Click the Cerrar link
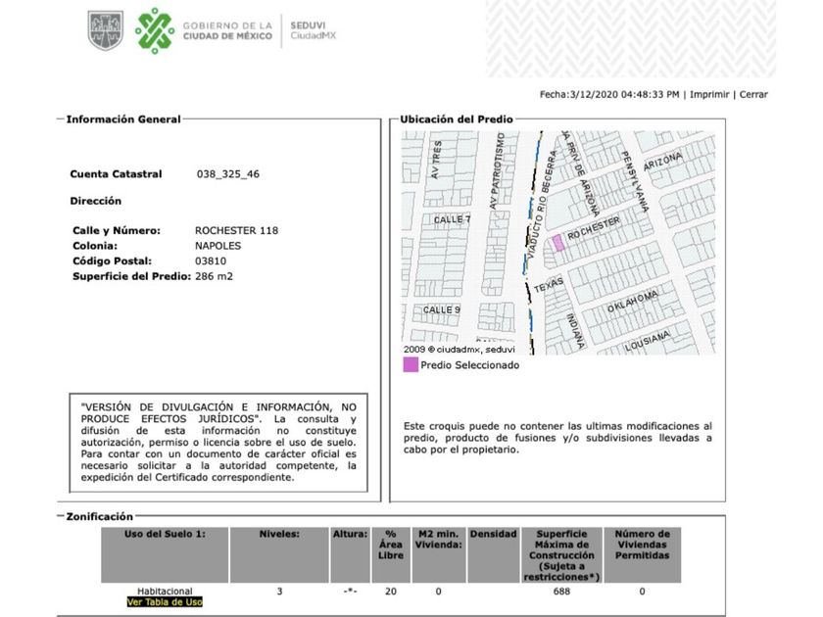pyautogui.click(x=753, y=94)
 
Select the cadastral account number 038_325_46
pyautogui.click(x=227, y=173)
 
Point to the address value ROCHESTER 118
pyautogui.click(x=236, y=230)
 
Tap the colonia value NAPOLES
pyautogui.click(x=218, y=246)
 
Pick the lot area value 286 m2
pyautogui.click(x=214, y=277)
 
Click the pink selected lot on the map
pyautogui.click(x=556, y=243)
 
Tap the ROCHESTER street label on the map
pyautogui.click(x=594, y=230)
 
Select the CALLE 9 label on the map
pyautogui.click(x=441, y=309)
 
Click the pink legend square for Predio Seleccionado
pyautogui.click(x=410, y=365)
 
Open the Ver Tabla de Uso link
pyautogui.click(x=165, y=602)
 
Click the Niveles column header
pyautogui.click(x=279, y=535)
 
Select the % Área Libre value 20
pyautogui.click(x=391, y=592)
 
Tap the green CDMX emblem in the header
pyautogui.click(x=154, y=30)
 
